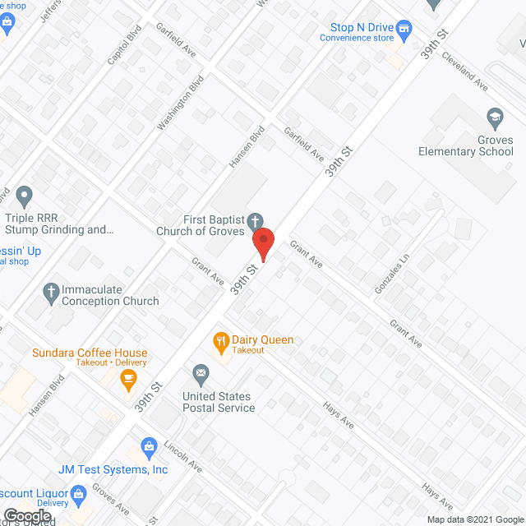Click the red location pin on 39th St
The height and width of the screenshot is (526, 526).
[x=262, y=244]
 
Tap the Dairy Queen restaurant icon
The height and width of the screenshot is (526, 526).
[x=220, y=340]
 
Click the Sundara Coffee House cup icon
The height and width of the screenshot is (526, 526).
[x=127, y=378]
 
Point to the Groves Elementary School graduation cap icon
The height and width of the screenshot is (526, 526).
[x=494, y=119]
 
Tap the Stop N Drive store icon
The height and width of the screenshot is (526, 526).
[x=404, y=31]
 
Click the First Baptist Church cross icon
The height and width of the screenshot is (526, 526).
[x=256, y=221]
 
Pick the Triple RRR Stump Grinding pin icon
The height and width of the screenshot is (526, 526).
[x=24, y=197]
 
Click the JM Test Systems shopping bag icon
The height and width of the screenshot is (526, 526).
[x=149, y=447]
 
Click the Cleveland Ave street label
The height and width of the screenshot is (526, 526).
[x=465, y=72]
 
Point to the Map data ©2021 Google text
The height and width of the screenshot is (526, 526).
[x=474, y=519]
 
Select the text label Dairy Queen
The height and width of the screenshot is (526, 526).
[x=262, y=340]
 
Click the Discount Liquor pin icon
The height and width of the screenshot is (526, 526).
[x=79, y=494]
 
